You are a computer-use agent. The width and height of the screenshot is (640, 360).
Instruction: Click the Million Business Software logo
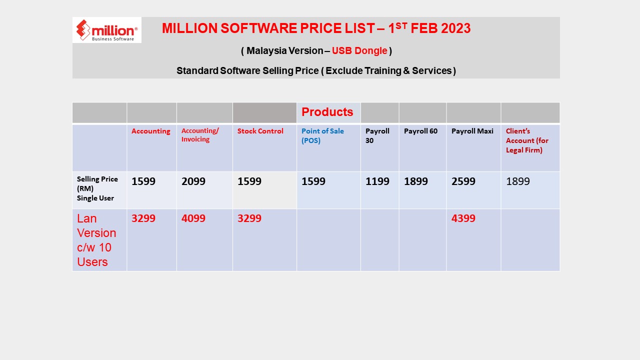click(x=107, y=30)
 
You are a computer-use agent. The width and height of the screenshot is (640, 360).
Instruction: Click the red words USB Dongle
click(x=359, y=50)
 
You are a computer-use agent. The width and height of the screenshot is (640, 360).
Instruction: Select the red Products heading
click(x=327, y=112)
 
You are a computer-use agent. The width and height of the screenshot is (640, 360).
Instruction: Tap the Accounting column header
click(x=150, y=131)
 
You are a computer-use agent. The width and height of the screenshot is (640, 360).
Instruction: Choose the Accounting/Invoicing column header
click(x=200, y=135)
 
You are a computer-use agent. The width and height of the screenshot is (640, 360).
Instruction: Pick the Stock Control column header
click(x=260, y=131)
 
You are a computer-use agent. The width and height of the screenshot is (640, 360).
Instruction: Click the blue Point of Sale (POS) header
click(x=322, y=135)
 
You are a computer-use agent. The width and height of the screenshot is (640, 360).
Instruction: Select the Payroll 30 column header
click(x=377, y=135)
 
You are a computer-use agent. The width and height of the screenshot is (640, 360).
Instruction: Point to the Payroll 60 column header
click(x=420, y=131)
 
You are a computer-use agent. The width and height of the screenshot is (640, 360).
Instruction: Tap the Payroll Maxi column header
click(x=472, y=131)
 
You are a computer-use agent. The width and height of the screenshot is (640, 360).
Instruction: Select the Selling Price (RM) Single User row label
click(x=97, y=188)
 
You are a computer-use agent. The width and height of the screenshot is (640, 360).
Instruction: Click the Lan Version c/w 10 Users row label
click(x=96, y=240)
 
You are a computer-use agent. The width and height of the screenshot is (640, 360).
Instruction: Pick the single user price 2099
click(x=193, y=181)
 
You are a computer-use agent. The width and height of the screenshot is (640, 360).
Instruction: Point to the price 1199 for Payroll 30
click(x=377, y=181)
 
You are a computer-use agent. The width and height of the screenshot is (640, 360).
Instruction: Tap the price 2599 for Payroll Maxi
click(x=463, y=181)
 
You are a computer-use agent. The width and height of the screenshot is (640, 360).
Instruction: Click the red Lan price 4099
click(x=193, y=218)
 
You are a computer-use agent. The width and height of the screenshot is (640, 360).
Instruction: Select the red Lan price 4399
click(x=463, y=218)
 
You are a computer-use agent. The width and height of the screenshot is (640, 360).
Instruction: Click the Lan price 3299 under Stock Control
click(x=249, y=218)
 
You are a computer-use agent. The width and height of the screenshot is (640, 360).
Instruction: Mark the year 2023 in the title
click(x=455, y=29)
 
